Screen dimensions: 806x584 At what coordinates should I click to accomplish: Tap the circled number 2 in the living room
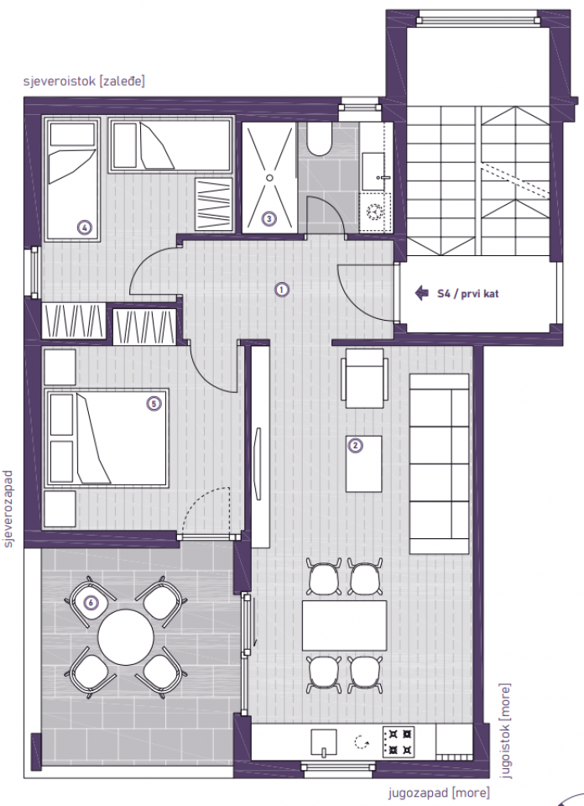pos(355,446)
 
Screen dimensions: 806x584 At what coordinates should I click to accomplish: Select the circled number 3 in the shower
pos(269,219)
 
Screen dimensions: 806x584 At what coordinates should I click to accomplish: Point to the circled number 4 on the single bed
pos(84,225)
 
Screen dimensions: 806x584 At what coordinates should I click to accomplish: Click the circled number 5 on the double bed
pos(153,404)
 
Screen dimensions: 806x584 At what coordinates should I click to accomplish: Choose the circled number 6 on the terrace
pos(91,602)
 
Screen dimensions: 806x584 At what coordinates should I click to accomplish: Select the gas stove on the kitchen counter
pos(398,741)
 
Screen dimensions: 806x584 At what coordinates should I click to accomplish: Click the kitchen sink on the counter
pos(323,742)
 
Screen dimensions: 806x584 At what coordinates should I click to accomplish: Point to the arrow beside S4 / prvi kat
pos(421,294)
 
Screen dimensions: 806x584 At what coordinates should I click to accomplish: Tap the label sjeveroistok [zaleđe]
pos(85,81)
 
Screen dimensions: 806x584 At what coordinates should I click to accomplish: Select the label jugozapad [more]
pos(438,793)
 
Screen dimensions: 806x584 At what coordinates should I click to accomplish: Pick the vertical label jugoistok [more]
pos(505,730)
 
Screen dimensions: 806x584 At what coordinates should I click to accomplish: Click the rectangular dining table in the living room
pos(344,625)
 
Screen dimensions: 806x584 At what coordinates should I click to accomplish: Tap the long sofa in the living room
pos(439,463)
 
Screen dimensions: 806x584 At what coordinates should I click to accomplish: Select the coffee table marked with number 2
pos(365,463)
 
